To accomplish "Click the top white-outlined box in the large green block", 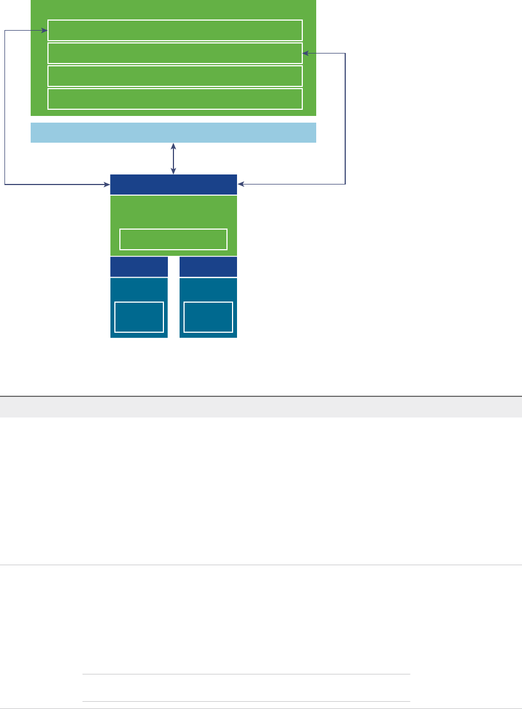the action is (x=175, y=30).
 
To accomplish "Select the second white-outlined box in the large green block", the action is (x=175, y=53).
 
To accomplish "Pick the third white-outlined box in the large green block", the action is (x=175, y=76).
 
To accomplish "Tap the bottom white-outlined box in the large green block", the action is (x=175, y=99).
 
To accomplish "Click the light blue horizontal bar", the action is (x=173, y=133).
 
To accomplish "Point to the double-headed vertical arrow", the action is (x=173, y=159).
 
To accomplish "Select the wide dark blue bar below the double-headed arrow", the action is (x=173, y=184).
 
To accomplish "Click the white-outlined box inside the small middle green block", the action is (x=173, y=239).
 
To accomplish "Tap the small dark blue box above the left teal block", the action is (x=139, y=266).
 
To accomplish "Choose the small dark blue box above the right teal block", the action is (x=208, y=266).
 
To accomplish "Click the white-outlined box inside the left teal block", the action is (x=139, y=317).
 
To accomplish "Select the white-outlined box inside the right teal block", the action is (x=208, y=317).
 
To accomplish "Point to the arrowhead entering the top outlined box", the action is (x=45, y=31).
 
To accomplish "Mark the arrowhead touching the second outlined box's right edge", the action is (x=305, y=54).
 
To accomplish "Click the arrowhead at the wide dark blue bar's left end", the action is (x=108, y=183).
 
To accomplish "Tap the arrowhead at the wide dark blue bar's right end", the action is (x=240, y=183).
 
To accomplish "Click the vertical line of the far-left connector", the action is (x=5, y=106).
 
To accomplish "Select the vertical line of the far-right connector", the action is (x=345, y=117).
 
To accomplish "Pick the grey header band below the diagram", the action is (x=261, y=407).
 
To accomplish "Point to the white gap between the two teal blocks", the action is (x=173, y=298).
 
